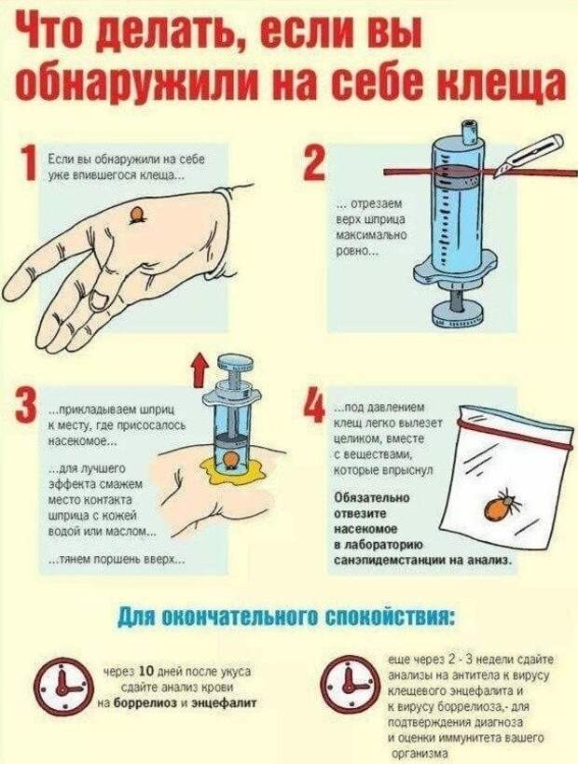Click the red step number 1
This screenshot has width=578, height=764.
[x=29, y=164]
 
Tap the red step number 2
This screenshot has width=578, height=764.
[x=314, y=164]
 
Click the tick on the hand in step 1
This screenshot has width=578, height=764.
[x=138, y=215]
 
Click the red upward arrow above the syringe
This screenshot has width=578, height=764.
[x=200, y=371]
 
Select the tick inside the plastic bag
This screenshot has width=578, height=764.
[x=501, y=505]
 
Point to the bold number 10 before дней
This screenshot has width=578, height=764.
[x=147, y=672]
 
